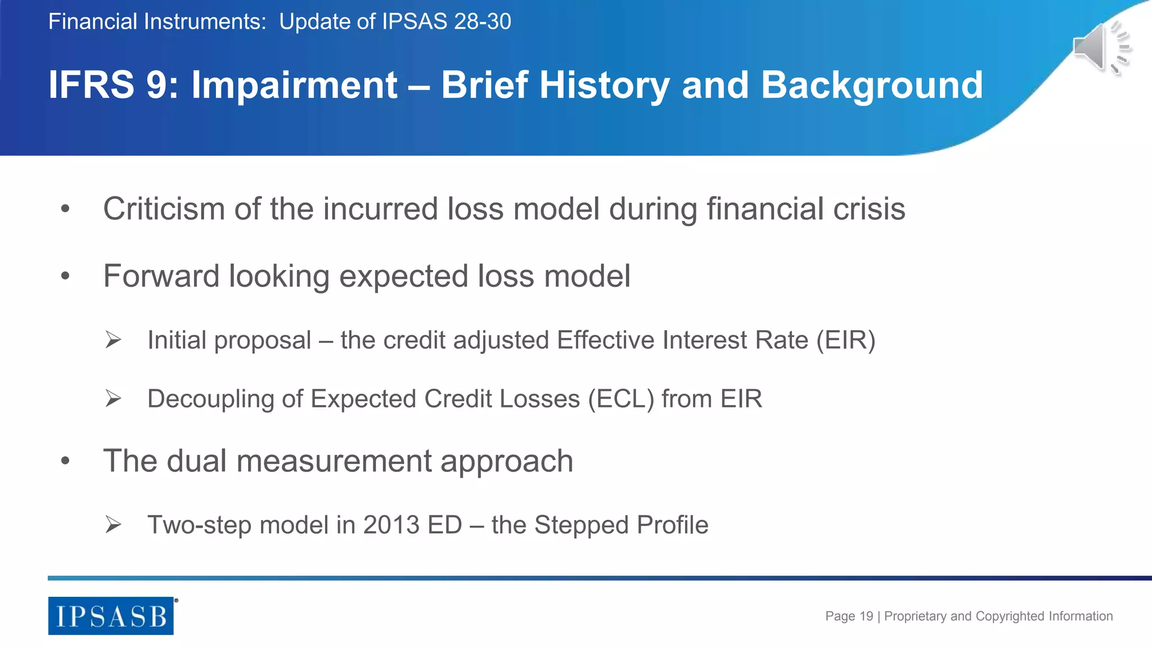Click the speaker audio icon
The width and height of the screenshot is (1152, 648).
click(1101, 48)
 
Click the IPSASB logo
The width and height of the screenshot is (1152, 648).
click(111, 616)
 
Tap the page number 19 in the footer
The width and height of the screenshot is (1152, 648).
click(866, 616)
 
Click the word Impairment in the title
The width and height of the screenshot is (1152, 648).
click(294, 85)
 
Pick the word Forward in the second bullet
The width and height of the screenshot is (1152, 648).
click(161, 276)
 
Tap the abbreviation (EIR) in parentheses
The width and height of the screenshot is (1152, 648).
click(845, 340)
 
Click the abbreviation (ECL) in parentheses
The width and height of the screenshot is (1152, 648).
click(621, 399)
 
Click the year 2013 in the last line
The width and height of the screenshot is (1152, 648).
click(391, 525)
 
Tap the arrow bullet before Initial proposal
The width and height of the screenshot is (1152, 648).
click(113, 340)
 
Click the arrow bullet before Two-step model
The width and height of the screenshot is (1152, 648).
click(113, 525)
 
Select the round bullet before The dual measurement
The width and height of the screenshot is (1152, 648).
click(65, 461)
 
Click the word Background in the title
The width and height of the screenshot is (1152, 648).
click(871, 85)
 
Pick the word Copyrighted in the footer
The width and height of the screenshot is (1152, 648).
click(1010, 616)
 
